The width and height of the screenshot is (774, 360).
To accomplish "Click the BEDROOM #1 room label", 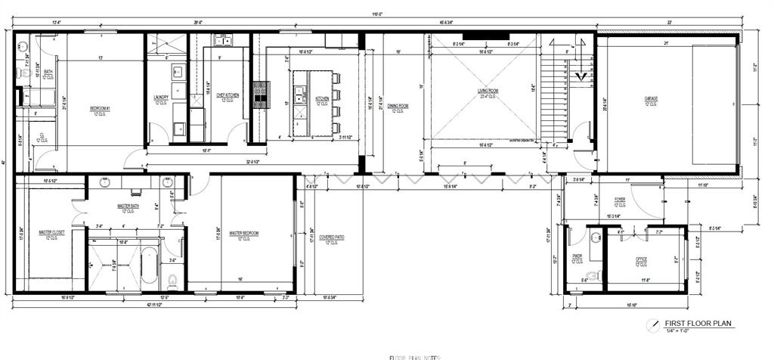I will click(x=101, y=109).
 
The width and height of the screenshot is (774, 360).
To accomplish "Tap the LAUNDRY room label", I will click(x=160, y=97).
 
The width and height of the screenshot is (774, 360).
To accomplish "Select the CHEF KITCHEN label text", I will click(x=228, y=95).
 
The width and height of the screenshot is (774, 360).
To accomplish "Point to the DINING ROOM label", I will click(x=398, y=106).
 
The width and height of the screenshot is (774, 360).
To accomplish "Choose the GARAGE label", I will click(x=651, y=99).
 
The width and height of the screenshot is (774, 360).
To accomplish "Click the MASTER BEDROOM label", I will click(x=244, y=233).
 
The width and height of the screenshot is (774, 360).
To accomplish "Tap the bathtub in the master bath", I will click(x=150, y=264).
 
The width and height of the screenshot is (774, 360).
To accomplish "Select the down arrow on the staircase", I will click(x=580, y=75).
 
